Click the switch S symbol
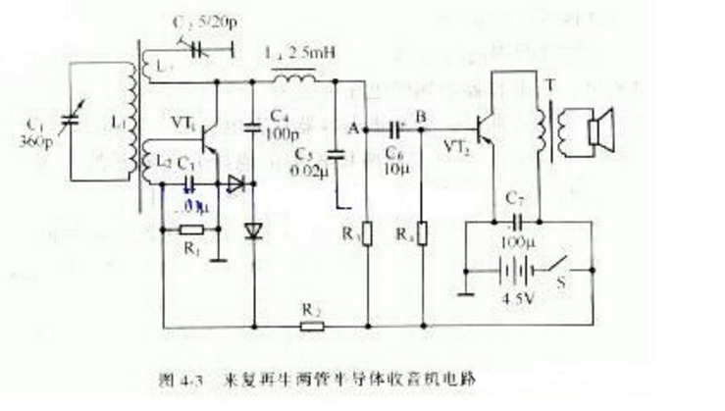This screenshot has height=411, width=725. [x=563, y=267]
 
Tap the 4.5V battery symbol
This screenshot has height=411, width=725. [x=510, y=269]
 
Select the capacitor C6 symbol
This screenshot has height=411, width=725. [x=395, y=128]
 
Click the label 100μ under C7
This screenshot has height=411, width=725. [x=516, y=240]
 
